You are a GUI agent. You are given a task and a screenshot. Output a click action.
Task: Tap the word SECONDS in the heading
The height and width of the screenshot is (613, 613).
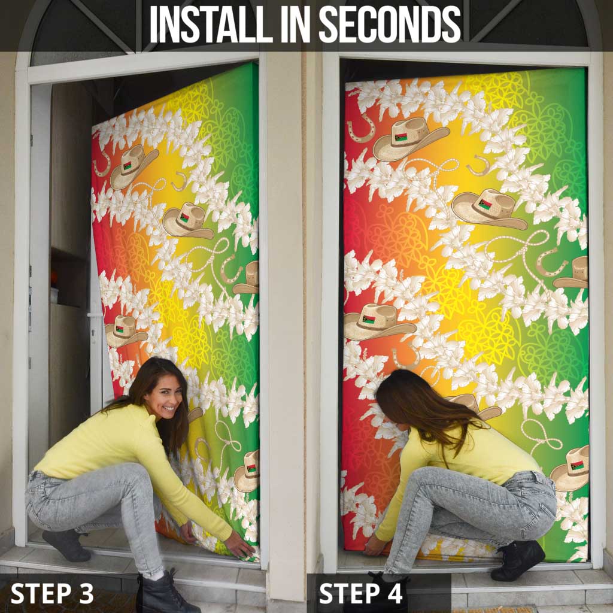(390, 24)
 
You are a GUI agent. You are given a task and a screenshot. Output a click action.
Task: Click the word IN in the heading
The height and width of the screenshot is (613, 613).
(296, 24)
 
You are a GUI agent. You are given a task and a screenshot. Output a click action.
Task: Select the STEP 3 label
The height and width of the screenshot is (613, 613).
(52, 593)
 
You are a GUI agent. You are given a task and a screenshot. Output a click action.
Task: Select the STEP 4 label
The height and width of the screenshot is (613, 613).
(360, 593)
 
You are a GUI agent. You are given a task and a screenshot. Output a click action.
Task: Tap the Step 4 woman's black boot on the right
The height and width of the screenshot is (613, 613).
(518, 560)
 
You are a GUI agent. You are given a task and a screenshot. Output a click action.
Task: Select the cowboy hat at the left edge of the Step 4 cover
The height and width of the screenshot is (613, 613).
(378, 321)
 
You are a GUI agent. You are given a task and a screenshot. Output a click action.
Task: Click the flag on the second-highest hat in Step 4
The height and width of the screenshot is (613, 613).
(485, 204)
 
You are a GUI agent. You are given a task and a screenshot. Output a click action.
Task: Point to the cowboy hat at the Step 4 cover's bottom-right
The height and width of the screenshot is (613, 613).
(570, 468)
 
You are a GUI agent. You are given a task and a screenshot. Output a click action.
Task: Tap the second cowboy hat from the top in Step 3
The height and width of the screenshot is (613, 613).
(187, 220)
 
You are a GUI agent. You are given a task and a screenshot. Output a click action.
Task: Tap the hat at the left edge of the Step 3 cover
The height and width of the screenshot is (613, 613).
(125, 332)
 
